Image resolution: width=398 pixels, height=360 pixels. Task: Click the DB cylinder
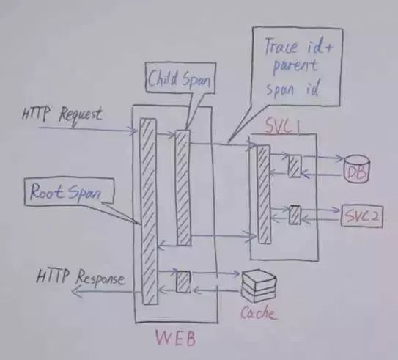point(356,169)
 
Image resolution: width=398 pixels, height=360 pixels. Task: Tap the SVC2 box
point(361,216)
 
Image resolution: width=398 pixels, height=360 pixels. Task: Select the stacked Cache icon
point(259,287)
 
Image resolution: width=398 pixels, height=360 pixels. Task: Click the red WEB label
point(176,338)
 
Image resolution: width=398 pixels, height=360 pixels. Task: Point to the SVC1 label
point(282,125)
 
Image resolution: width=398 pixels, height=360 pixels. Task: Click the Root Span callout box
point(70,191)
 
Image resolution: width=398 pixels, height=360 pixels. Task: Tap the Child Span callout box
point(181,78)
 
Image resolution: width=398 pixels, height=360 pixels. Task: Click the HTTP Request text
point(62,116)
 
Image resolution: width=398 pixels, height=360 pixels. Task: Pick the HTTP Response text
point(81,278)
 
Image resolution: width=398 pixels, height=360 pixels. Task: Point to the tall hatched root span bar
point(149,211)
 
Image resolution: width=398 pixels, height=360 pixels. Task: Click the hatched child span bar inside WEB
point(183,188)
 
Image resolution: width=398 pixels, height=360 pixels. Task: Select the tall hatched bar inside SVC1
point(264,194)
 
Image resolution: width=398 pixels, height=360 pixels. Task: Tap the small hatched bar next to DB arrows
point(295,166)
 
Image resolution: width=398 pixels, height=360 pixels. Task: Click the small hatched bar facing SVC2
point(295,216)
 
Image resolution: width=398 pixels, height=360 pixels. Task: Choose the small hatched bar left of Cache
point(183,282)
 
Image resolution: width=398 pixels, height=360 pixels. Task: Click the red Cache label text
point(257,312)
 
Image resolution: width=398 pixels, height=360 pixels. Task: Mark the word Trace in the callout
point(281,46)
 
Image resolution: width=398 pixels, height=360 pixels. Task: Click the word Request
point(81,117)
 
